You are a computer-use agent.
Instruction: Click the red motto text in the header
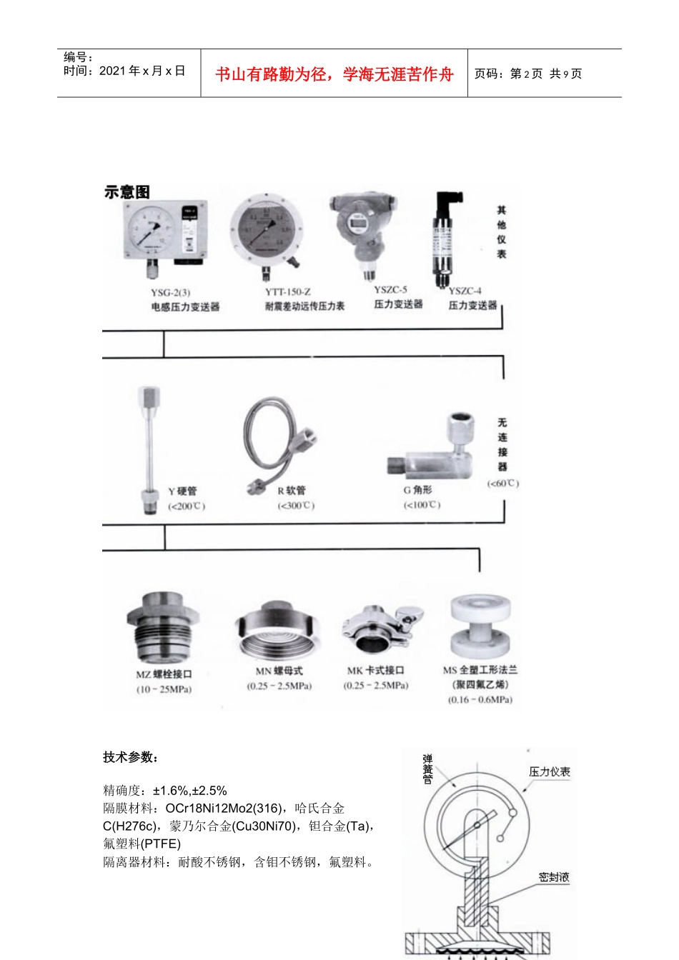(x=334, y=74)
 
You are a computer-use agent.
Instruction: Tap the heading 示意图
(x=127, y=192)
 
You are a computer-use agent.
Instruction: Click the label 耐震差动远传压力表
(x=304, y=306)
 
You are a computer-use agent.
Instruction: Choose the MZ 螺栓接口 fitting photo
(x=163, y=629)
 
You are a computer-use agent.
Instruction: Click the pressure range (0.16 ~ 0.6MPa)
(x=480, y=700)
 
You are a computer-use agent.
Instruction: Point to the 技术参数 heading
(x=131, y=757)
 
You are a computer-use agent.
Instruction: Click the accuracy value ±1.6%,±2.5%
(x=189, y=791)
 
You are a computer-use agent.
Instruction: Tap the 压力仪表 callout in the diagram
(x=549, y=772)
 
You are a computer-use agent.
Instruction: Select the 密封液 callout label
(x=554, y=877)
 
